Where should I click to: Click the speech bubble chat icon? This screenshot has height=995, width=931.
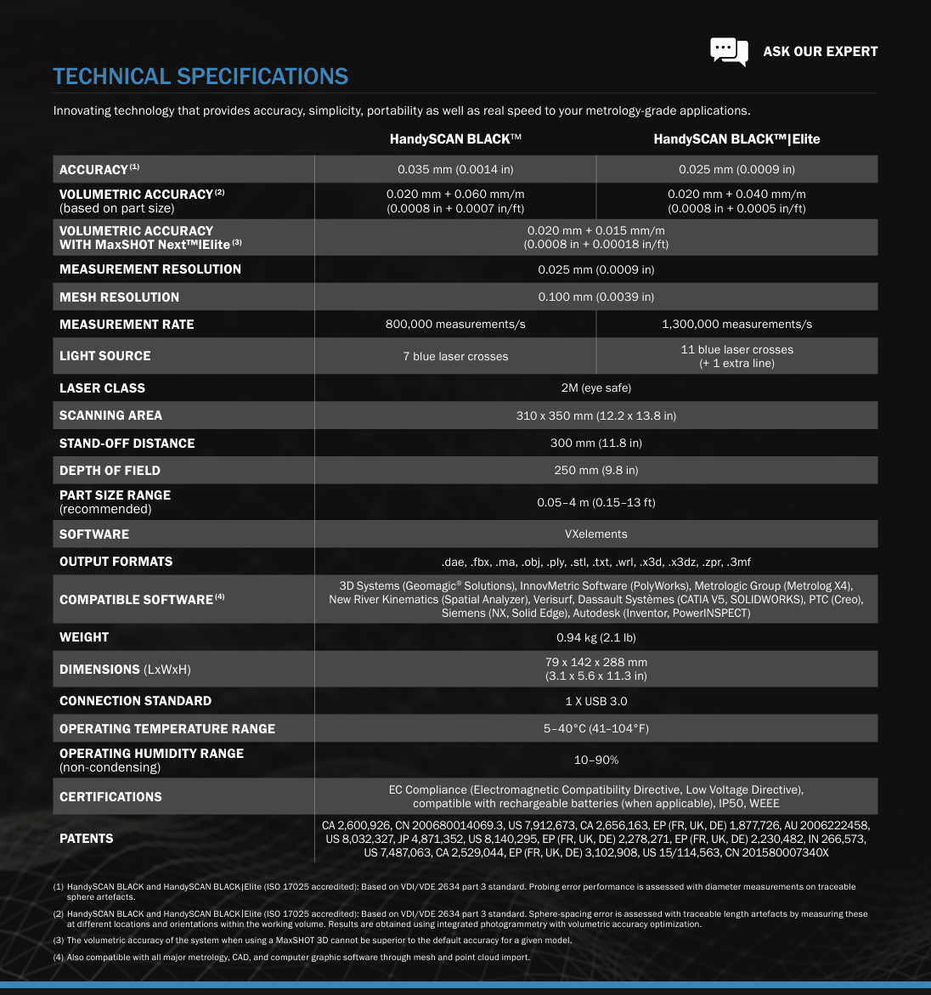point(729,51)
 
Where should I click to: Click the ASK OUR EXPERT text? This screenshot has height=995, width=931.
point(820,51)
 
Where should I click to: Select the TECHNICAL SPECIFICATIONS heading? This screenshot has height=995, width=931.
point(200,76)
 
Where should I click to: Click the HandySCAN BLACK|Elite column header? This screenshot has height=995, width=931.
point(736,139)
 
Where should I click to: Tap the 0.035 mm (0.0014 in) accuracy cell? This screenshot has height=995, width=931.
point(455,169)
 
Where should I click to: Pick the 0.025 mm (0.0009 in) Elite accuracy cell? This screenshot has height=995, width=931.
point(736,169)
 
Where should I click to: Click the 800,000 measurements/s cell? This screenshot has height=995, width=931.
point(455,324)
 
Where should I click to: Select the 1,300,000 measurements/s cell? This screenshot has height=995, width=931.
point(736,324)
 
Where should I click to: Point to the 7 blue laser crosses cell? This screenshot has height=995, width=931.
point(455,356)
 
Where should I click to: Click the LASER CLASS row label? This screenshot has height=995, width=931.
point(102,387)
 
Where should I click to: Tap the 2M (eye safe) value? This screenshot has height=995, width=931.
point(595,387)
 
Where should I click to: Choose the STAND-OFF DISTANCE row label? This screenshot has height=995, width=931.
point(127,443)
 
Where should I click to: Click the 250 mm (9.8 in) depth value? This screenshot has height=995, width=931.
point(595,470)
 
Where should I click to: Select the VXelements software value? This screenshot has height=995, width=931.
point(595,534)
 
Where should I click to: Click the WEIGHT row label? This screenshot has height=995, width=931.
point(84,636)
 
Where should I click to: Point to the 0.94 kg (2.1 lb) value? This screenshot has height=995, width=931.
point(595,636)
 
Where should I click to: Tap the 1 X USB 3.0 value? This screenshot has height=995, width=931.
point(595,701)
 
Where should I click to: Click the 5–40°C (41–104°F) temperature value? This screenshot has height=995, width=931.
point(595,728)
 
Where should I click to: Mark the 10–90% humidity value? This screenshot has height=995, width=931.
point(595,760)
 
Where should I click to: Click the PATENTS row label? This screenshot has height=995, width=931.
point(86,838)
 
